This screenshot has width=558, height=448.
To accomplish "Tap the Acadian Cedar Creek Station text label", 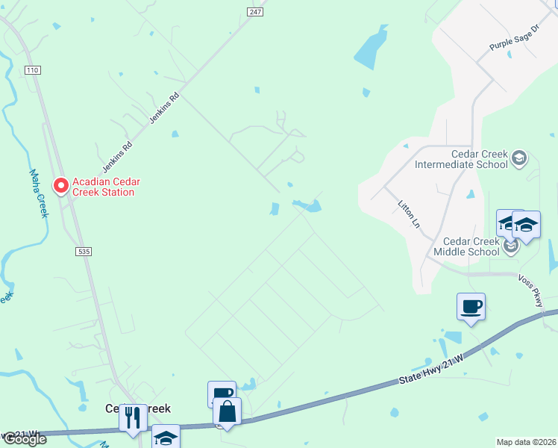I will coord(104,187).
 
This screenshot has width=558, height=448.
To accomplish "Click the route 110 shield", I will coord(31,70).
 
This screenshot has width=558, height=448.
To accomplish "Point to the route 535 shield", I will coord(84,252).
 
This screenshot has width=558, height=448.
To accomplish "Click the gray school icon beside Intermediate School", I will coord(519,158).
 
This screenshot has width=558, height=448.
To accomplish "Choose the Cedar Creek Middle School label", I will coord(471,246).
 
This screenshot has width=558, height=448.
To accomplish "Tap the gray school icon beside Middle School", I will coord(511,246).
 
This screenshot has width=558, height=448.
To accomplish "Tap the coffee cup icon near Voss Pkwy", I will coord(471,306).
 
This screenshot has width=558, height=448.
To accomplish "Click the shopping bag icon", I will coord(227,411).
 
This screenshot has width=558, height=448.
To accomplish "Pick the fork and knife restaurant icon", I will coord(133,417).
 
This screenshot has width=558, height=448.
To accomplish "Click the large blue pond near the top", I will coord(371,49).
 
